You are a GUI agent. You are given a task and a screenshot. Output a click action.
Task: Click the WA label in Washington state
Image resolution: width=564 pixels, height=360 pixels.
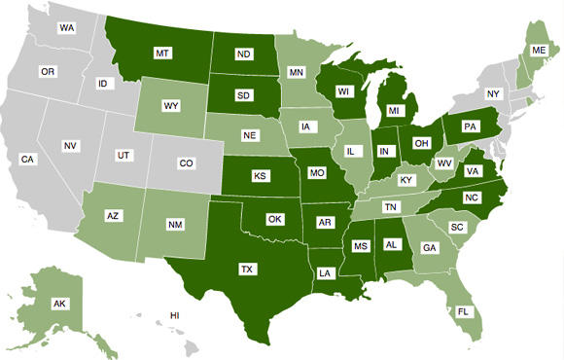coord(67,28)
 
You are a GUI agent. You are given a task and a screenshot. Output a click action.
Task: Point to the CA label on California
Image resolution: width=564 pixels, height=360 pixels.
coord(28,159)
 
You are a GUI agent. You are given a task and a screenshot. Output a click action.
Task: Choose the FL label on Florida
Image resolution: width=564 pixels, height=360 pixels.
coord(463,312)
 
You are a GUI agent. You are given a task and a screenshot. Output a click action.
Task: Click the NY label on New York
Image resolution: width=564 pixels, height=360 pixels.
coord(492,93)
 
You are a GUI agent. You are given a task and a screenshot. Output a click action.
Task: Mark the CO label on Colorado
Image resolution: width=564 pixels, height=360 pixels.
coord(186,163)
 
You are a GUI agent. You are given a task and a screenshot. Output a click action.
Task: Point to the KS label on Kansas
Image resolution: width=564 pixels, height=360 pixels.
coord(261,176)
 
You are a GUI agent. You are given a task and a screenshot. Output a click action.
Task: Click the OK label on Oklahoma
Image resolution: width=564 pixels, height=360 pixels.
coord(275,219)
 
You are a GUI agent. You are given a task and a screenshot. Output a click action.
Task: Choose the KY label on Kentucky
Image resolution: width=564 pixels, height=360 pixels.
coord(405,181)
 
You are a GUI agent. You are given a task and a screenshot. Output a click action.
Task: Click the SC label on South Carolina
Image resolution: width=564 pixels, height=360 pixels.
coord(456,227)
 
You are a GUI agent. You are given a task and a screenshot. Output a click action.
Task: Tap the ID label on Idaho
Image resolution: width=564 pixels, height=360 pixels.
coord(102,84)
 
